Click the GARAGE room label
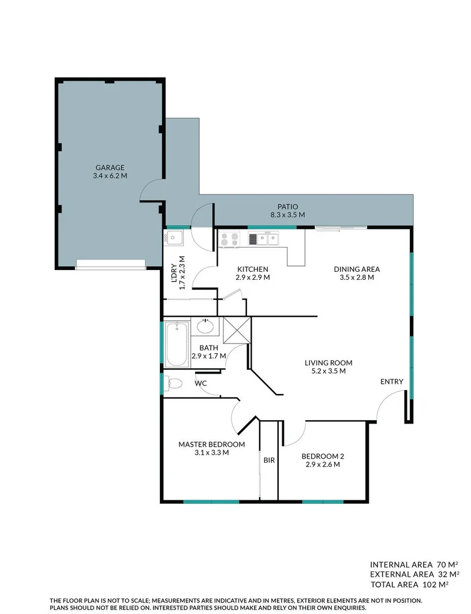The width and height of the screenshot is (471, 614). coord(110,167)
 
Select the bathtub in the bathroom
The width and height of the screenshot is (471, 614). coord(177,345)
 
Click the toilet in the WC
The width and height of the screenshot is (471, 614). coord(174,382)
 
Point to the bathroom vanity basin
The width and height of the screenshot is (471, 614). coord(205,327)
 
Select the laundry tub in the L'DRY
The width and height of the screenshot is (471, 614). coord(175,238)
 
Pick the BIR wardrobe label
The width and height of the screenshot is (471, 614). coord(268,460)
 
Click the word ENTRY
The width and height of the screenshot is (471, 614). coord(391,382)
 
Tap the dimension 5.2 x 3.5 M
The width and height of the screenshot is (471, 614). coord(328,371)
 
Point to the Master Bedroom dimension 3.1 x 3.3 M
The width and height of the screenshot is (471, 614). coord(211,452)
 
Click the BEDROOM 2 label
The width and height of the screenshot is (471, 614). coord(323,456)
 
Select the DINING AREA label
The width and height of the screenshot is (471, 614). coord(356,269)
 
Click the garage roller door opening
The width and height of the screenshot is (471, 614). coord(110,264)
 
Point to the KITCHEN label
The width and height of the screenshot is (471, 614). coord(252,269)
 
